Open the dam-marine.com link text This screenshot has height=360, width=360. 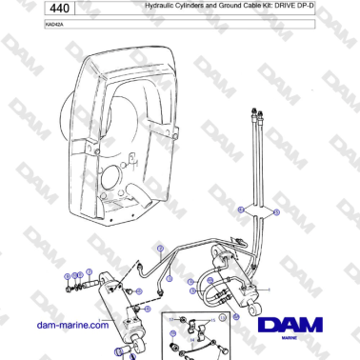click(x=71, y=326)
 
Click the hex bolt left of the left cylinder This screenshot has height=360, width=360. click(x=69, y=285)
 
